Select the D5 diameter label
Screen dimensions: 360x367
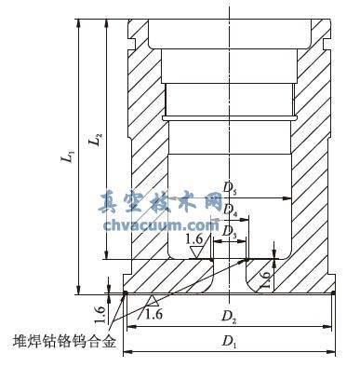tap(230, 192)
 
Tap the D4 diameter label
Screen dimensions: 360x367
tap(230, 213)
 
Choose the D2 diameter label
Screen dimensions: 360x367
tap(227, 318)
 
